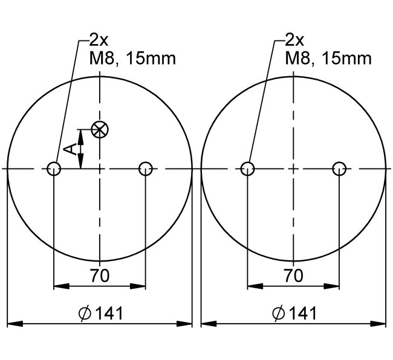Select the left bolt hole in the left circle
(x=54, y=169)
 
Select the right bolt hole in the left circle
(x=146, y=169)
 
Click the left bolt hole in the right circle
(x=247, y=169)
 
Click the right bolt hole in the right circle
(x=340, y=169)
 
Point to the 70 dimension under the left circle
(x=100, y=276)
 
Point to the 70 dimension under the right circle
(x=293, y=276)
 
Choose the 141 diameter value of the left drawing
(x=109, y=313)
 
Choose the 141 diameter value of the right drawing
(x=302, y=313)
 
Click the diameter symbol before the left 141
(x=85, y=313)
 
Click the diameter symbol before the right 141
(x=278, y=313)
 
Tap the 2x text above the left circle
(x=99, y=40)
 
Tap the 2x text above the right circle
(x=294, y=40)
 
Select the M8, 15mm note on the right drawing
(x=328, y=59)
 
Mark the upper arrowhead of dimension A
(x=82, y=133)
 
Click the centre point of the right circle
(x=293, y=169)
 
